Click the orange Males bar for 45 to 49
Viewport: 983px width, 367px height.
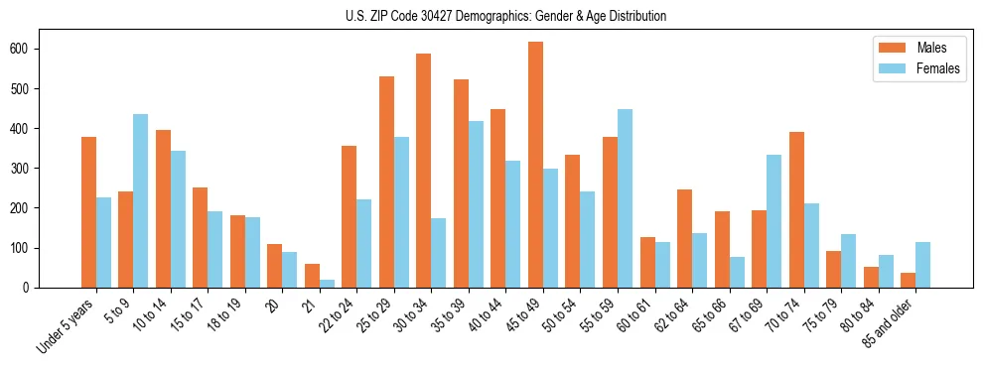535,165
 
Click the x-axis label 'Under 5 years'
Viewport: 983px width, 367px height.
67,323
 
